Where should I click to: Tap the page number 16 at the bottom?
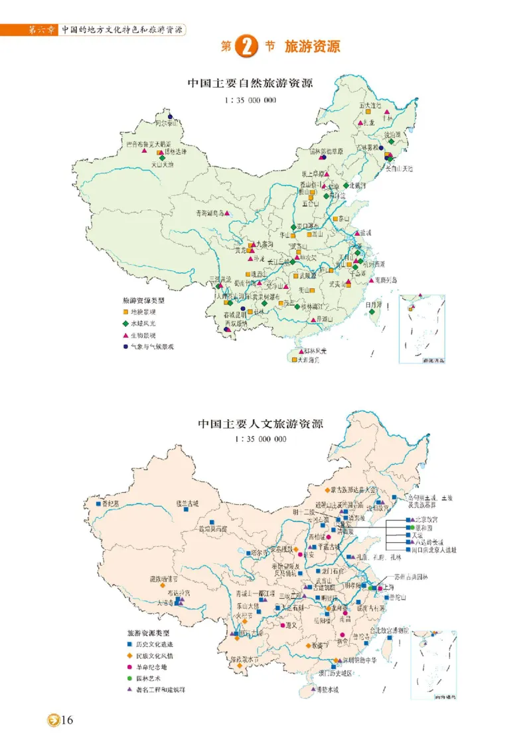click(66, 720)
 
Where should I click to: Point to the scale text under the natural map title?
click(250, 100)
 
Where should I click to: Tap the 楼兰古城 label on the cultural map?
click(187, 503)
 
